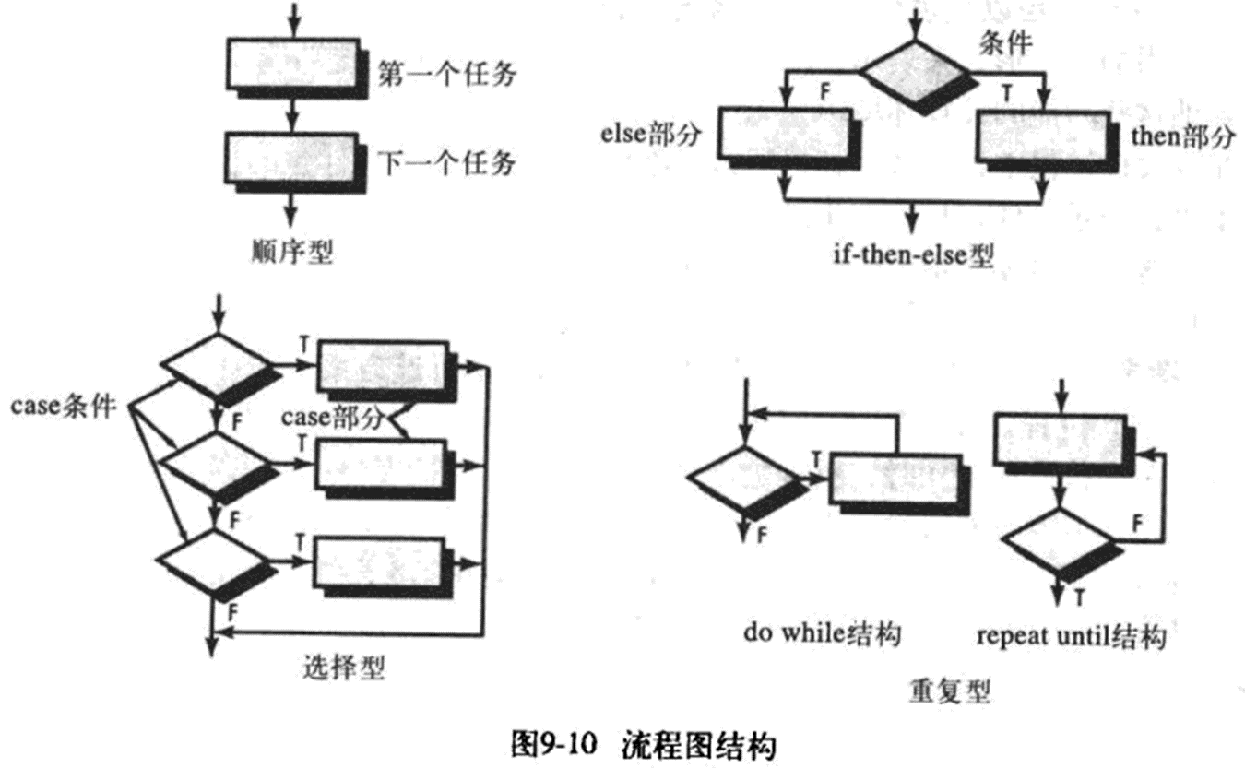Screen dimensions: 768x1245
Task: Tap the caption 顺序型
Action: click(x=291, y=251)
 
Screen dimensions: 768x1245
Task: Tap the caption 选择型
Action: click(x=343, y=666)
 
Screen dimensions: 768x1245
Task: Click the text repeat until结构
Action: click(x=1071, y=636)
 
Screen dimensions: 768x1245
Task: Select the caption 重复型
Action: click(x=949, y=690)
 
